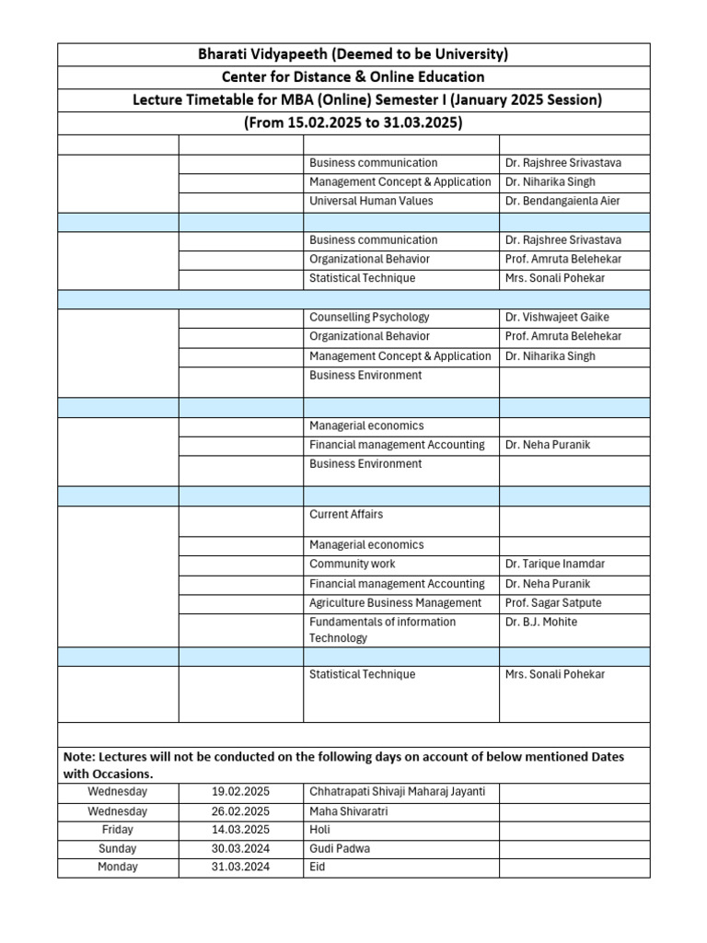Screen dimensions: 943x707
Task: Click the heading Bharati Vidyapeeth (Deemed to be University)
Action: click(x=353, y=54)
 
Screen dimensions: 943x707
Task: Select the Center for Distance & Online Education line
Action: click(x=353, y=77)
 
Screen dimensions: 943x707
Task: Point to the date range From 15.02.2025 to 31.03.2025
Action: click(x=353, y=122)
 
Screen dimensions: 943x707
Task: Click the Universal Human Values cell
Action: click(x=371, y=201)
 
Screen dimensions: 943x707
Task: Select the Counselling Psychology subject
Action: click(x=369, y=317)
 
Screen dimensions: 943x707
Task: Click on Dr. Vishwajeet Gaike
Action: click(x=557, y=317)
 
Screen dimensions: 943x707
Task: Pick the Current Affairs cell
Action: click(x=346, y=514)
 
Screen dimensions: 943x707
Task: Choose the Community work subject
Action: click(x=353, y=564)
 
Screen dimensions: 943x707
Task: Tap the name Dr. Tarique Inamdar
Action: click(x=555, y=564)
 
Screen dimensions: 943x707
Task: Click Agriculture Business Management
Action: click(x=396, y=602)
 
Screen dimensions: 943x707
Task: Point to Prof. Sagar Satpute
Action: click(x=554, y=602)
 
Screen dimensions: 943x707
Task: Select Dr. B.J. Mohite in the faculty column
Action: click(x=540, y=622)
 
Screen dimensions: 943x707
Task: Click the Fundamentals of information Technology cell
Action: click(x=382, y=630)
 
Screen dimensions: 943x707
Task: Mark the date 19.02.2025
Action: click(x=240, y=791)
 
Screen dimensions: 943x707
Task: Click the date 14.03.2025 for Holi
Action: click(x=240, y=830)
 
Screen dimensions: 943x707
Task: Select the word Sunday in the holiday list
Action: click(x=117, y=848)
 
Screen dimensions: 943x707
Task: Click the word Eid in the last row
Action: click(x=318, y=867)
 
